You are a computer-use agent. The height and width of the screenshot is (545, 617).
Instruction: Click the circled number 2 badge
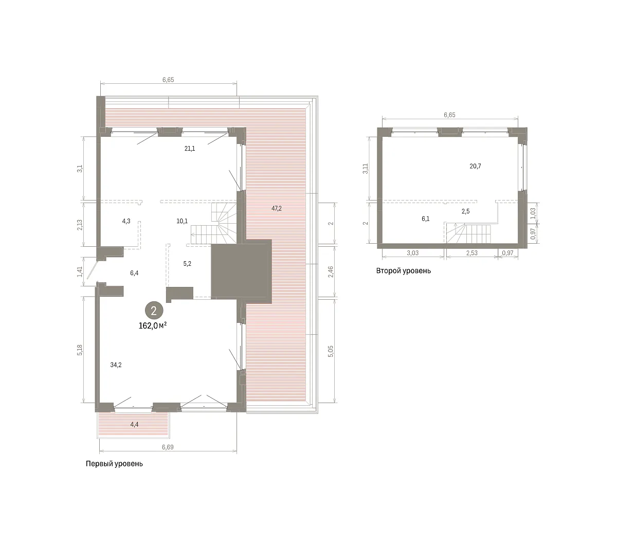tap(154, 311)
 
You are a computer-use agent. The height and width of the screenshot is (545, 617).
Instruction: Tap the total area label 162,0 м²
tap(153, 325)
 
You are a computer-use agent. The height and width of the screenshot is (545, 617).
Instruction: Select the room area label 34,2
tap(116, 365)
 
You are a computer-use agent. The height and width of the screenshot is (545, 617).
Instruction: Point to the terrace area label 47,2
tap(277, 208)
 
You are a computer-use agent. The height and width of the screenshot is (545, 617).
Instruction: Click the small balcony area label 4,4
tap(134, 424)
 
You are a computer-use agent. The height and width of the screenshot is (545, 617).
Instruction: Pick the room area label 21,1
tap(190, 149)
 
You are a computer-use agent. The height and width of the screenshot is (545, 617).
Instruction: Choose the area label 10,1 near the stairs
tap(182, 221)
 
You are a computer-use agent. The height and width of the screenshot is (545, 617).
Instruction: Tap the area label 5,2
tap(187, 264)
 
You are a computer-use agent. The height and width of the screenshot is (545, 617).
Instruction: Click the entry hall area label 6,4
tap(134, 273)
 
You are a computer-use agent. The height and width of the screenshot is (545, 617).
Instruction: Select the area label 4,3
tap(126, 221)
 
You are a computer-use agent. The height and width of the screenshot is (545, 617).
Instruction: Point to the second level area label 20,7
tap(476, 166)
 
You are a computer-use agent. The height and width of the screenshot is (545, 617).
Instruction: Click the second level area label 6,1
tap(426, 219)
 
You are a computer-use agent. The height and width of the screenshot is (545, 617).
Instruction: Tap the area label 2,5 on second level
tap(466, 211)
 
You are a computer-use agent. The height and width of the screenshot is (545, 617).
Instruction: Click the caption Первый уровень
tap(114, 464)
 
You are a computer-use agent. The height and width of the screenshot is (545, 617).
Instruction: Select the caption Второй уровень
tap(404, 270)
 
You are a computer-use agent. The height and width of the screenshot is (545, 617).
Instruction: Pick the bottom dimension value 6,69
tap(168, 447)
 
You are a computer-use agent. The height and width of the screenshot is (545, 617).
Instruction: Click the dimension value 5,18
tap(80, 350)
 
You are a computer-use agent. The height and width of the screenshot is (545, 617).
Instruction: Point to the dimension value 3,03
tap(413, 253)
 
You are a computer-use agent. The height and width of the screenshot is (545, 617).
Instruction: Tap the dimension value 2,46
tap(331, 271)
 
